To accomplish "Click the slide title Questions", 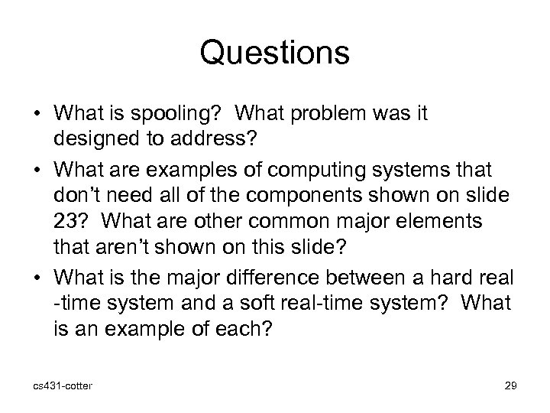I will point(274,54).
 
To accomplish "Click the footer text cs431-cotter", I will point(58,386).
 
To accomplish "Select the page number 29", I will point(510,386).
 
